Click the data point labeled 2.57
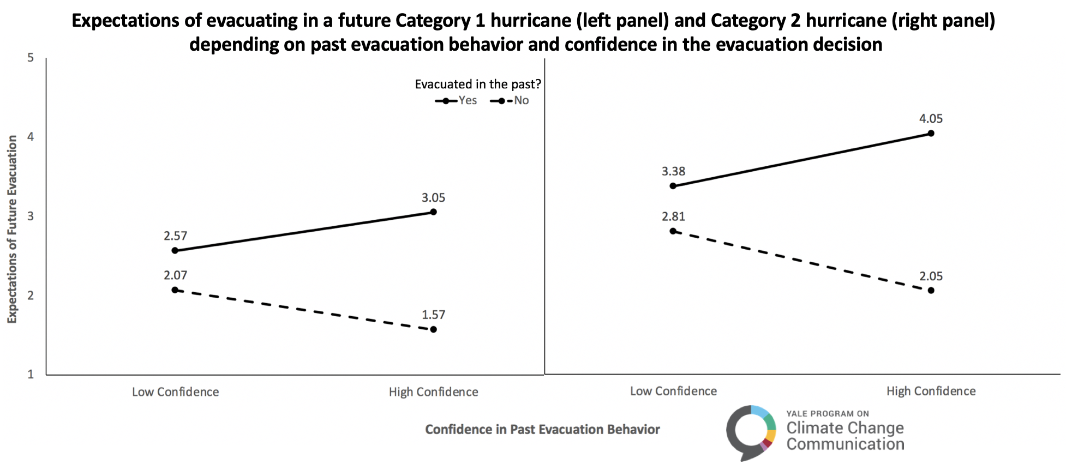coord(175,251)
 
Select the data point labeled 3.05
coord(434,212)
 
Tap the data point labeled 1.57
coord(434,329)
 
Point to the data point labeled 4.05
coord(931,134)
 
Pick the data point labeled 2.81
coord(673,231)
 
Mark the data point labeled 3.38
coord(673,186)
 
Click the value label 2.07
coord(175,275)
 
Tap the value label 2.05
coord(931,276)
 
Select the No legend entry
coord(511,101)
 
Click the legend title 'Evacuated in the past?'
coord(478,85)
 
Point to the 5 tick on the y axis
coord(31,58)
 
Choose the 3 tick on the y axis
coord(31,216)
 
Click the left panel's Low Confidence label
coord(175,392)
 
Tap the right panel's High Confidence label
coord(931,391)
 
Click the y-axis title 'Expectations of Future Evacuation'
coord(12,229)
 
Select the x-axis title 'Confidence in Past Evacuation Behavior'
coord(542,430)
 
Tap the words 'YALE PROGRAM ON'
coord(828,414)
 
